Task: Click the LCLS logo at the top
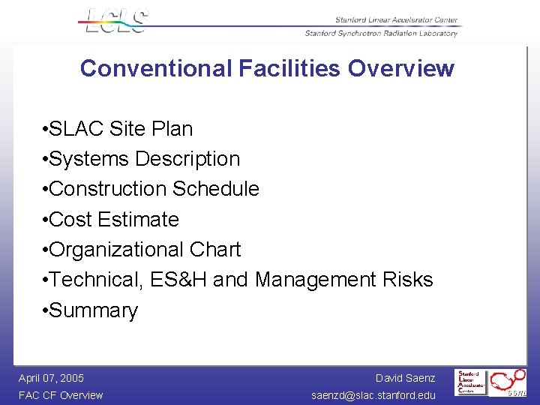[x=117, y=21]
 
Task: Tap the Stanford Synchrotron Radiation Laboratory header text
[x=381, y=33]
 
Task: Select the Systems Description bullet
[x=143, y=159]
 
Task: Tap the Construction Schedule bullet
[x=153, y=189]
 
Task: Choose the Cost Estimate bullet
[x=113, y=220]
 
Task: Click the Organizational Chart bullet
[x=144, y=250]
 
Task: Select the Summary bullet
[x=93, y=310]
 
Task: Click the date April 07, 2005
[x=51, y=378]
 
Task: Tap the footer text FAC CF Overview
[x=61, y=395]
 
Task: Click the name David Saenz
[x=405, y=378]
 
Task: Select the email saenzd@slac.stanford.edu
[x=373, y=395]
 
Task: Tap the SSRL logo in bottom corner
[x=508, y=382]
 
